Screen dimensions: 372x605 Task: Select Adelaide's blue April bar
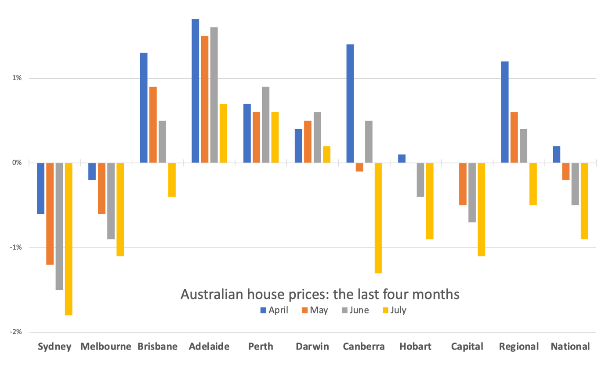click(195, 91)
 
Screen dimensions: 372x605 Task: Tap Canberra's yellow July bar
click(378, 218)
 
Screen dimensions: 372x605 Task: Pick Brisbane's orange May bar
click(153, 125)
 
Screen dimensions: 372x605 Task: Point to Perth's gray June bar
click(265, 125)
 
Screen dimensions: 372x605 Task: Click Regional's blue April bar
click(505, 112)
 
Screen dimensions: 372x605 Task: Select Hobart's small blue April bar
click(402, 159)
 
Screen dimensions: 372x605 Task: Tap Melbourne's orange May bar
click(101, 188)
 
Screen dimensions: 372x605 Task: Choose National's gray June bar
click(575, 184)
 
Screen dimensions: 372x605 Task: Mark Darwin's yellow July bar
click(326, 154)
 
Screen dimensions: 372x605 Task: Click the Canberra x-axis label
click(364, 346)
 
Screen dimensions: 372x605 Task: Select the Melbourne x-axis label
click(106, 346)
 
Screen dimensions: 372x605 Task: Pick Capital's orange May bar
click(463, 184)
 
